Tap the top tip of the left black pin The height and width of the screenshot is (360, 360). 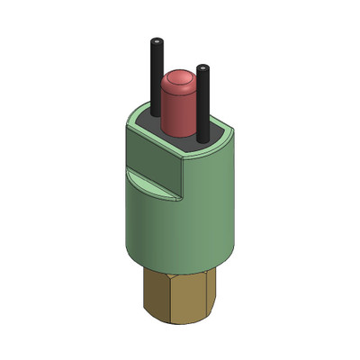coord(157,42)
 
